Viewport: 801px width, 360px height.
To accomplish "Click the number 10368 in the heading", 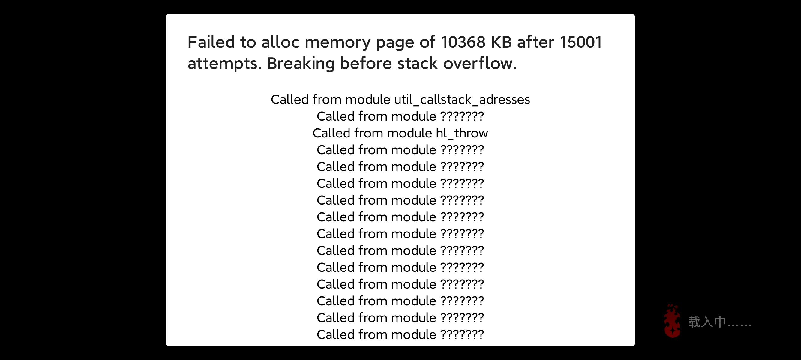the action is coord(463,42).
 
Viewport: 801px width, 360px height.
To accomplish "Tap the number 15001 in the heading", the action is coord(581,42).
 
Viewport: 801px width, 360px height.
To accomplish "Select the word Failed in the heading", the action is coord(211,42).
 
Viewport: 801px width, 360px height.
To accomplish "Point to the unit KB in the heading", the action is coord(501,42).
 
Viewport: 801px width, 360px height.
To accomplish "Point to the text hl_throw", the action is coord(462,133).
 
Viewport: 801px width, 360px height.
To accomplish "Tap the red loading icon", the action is coord(672,321).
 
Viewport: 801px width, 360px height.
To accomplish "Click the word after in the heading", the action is coord(535,42).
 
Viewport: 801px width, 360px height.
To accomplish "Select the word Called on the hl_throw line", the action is coord(331,133).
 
